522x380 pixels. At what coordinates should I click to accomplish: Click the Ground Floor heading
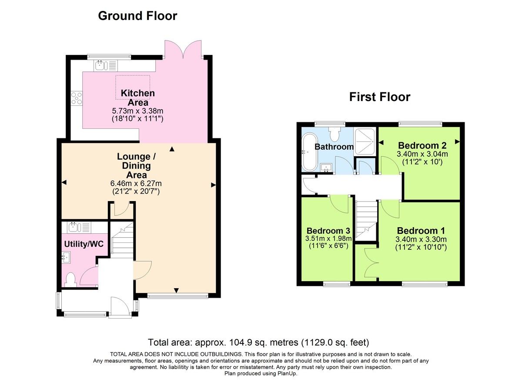pyautogui.click(x=137, y=16)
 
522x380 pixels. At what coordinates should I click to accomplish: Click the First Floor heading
pyautogui.click(x=379, y=97)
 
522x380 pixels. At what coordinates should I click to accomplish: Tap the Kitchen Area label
pyautogui.click(x=137, y=98)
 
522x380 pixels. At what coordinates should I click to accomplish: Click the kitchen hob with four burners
pyautogui.click(x=77, y=99)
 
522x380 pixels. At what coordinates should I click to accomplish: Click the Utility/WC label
pyautogui.click(x=84, y=244)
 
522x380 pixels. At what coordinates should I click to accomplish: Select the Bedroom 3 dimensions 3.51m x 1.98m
pyautogui.click(x=329, y=239)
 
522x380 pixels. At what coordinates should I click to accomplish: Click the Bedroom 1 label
pyautogui.click(x=421, y=231)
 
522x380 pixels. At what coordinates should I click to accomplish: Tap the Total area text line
pyautogui.click(x=261, y=342)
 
